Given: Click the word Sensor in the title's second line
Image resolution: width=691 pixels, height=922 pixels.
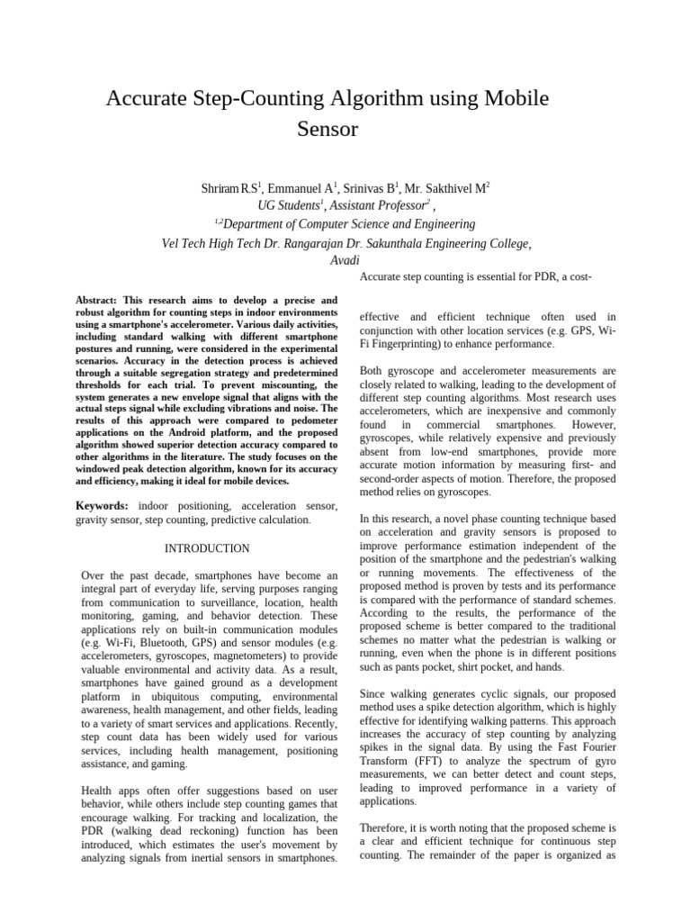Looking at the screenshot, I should [328, 130].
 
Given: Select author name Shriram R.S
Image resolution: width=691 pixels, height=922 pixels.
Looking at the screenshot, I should [230, 188].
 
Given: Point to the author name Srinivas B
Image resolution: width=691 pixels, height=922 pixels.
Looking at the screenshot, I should [371, 188].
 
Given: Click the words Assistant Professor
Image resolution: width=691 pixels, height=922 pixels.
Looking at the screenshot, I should [366, 206].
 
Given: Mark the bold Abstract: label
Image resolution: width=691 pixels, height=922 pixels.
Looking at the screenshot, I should [99, 300].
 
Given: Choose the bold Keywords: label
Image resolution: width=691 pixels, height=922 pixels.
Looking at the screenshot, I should [102, 507].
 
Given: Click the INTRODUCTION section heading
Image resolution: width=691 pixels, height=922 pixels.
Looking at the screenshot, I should [207, 548].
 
